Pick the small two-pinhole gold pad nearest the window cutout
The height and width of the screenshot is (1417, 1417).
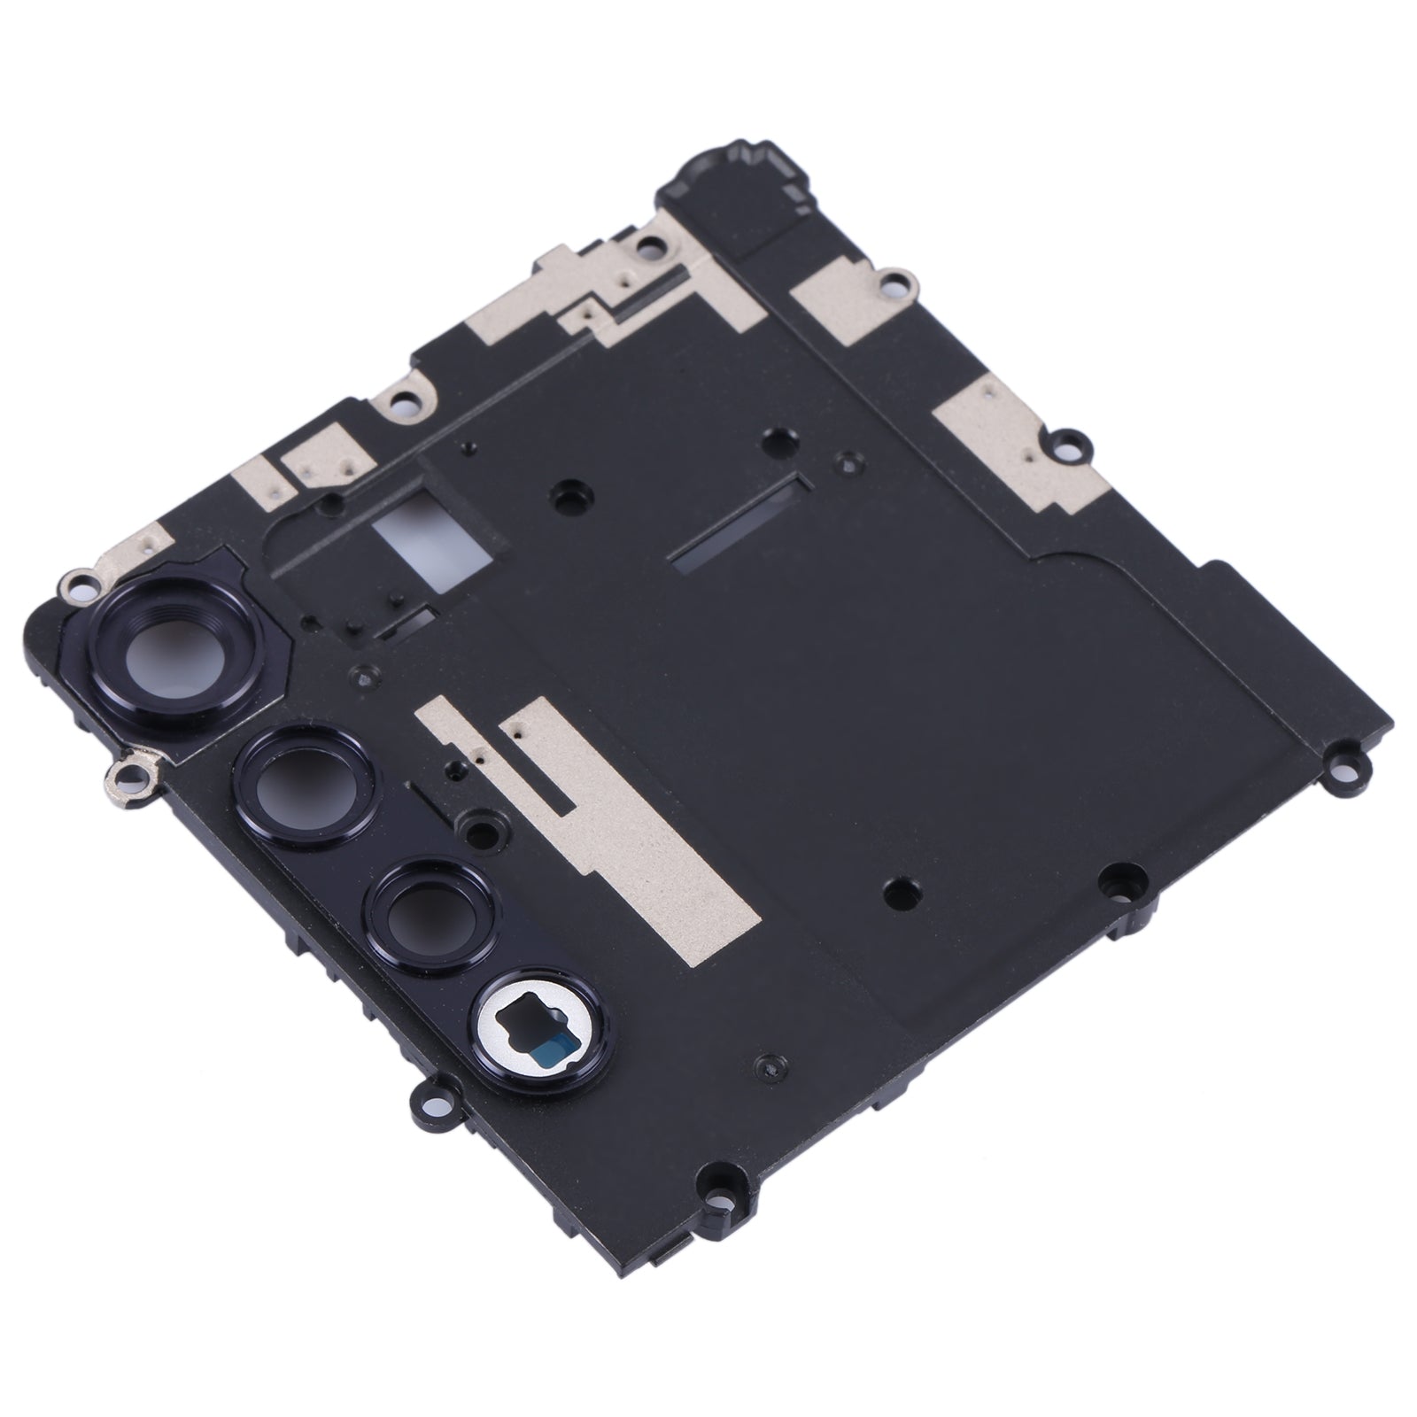[x=321, y=459]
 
